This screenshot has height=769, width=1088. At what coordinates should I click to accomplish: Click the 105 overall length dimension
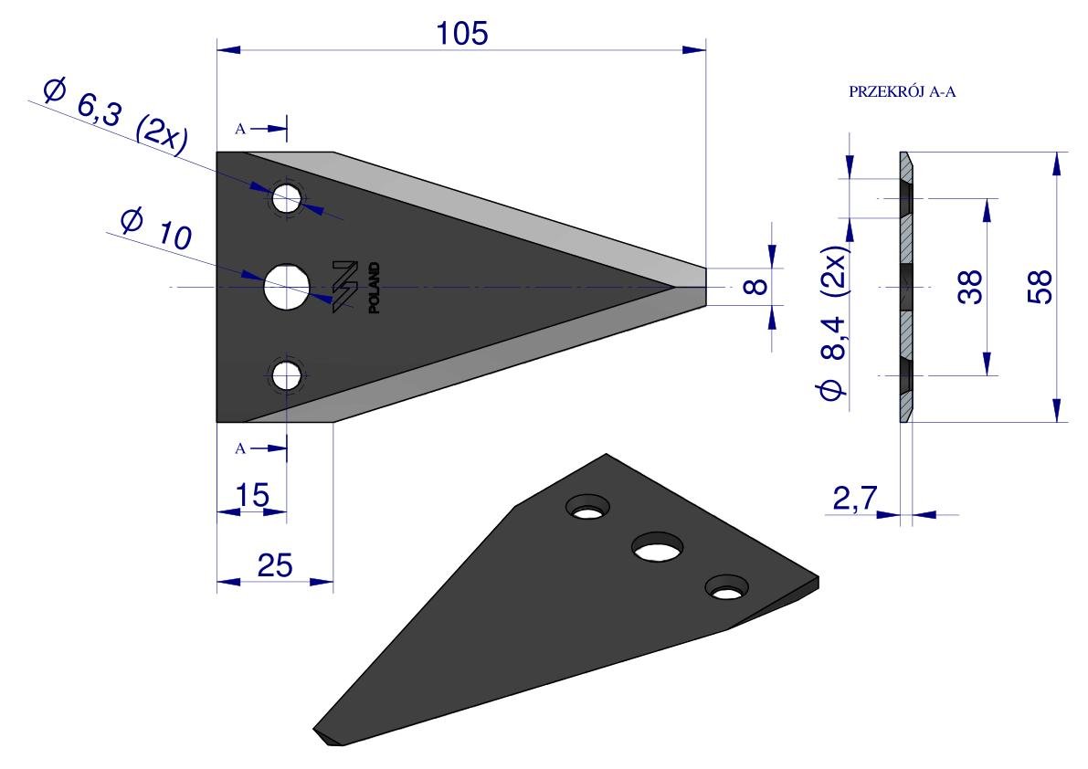462,33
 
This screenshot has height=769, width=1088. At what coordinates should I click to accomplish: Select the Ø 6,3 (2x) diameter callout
115,117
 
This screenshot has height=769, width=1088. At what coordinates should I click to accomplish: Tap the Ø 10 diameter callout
155,228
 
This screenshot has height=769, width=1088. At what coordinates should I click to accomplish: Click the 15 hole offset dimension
252,496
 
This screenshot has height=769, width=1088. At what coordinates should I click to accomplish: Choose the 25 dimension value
275,566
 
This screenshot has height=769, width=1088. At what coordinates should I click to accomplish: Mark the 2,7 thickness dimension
855,498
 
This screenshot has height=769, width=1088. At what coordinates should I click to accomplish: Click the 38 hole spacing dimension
970,287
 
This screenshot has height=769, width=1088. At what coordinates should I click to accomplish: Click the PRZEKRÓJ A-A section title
902,92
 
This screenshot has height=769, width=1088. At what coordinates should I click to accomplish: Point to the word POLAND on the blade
374,288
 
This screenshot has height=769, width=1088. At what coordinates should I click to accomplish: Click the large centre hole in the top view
287,287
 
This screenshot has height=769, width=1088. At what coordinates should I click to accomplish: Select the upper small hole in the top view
287,199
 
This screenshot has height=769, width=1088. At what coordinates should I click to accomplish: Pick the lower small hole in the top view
287,376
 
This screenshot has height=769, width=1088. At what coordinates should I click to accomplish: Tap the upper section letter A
240,129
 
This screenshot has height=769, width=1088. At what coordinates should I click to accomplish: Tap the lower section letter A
240,448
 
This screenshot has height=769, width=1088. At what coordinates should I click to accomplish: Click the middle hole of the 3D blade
657,548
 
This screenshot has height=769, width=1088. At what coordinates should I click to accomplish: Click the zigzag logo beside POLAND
344,287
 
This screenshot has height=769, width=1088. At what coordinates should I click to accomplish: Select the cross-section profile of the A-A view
907,287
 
